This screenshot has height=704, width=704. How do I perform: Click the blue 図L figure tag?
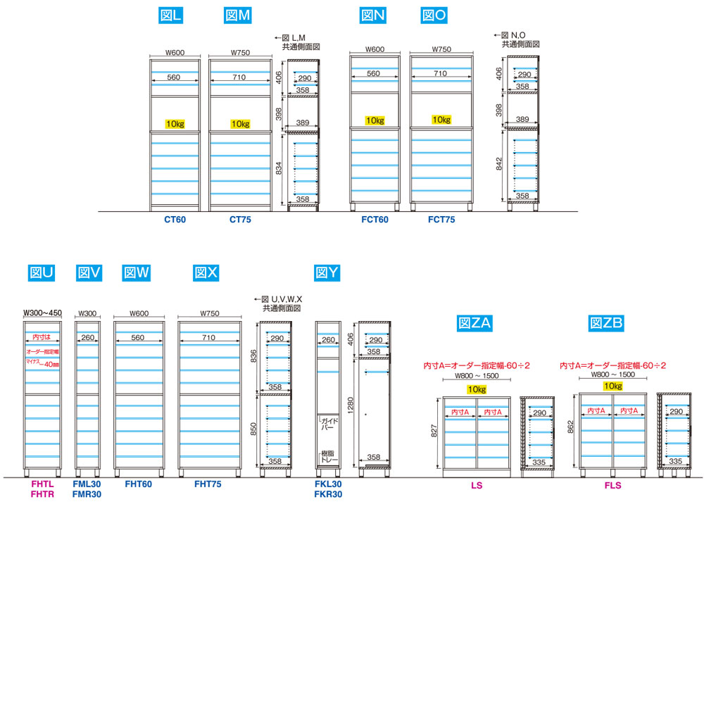[x=171, y=15]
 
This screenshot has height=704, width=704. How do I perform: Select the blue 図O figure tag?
[x=435, y=15]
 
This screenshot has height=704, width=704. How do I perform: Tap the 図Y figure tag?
[x=327, y=272]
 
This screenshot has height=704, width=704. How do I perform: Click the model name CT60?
[x=175, y=220]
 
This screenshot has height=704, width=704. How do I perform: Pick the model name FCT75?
[x=441, y=220]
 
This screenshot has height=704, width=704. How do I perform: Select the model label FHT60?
[x=138, y=484]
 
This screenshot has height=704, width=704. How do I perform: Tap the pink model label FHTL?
[x=42, y=484]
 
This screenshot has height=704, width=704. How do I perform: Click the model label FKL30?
[x=329, y=484]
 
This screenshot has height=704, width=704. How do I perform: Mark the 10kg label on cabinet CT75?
[x=241, y=124]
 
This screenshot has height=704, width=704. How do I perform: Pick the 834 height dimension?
[x=279, y=168]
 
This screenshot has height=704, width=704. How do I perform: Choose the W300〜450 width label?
[x=43, y=313]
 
